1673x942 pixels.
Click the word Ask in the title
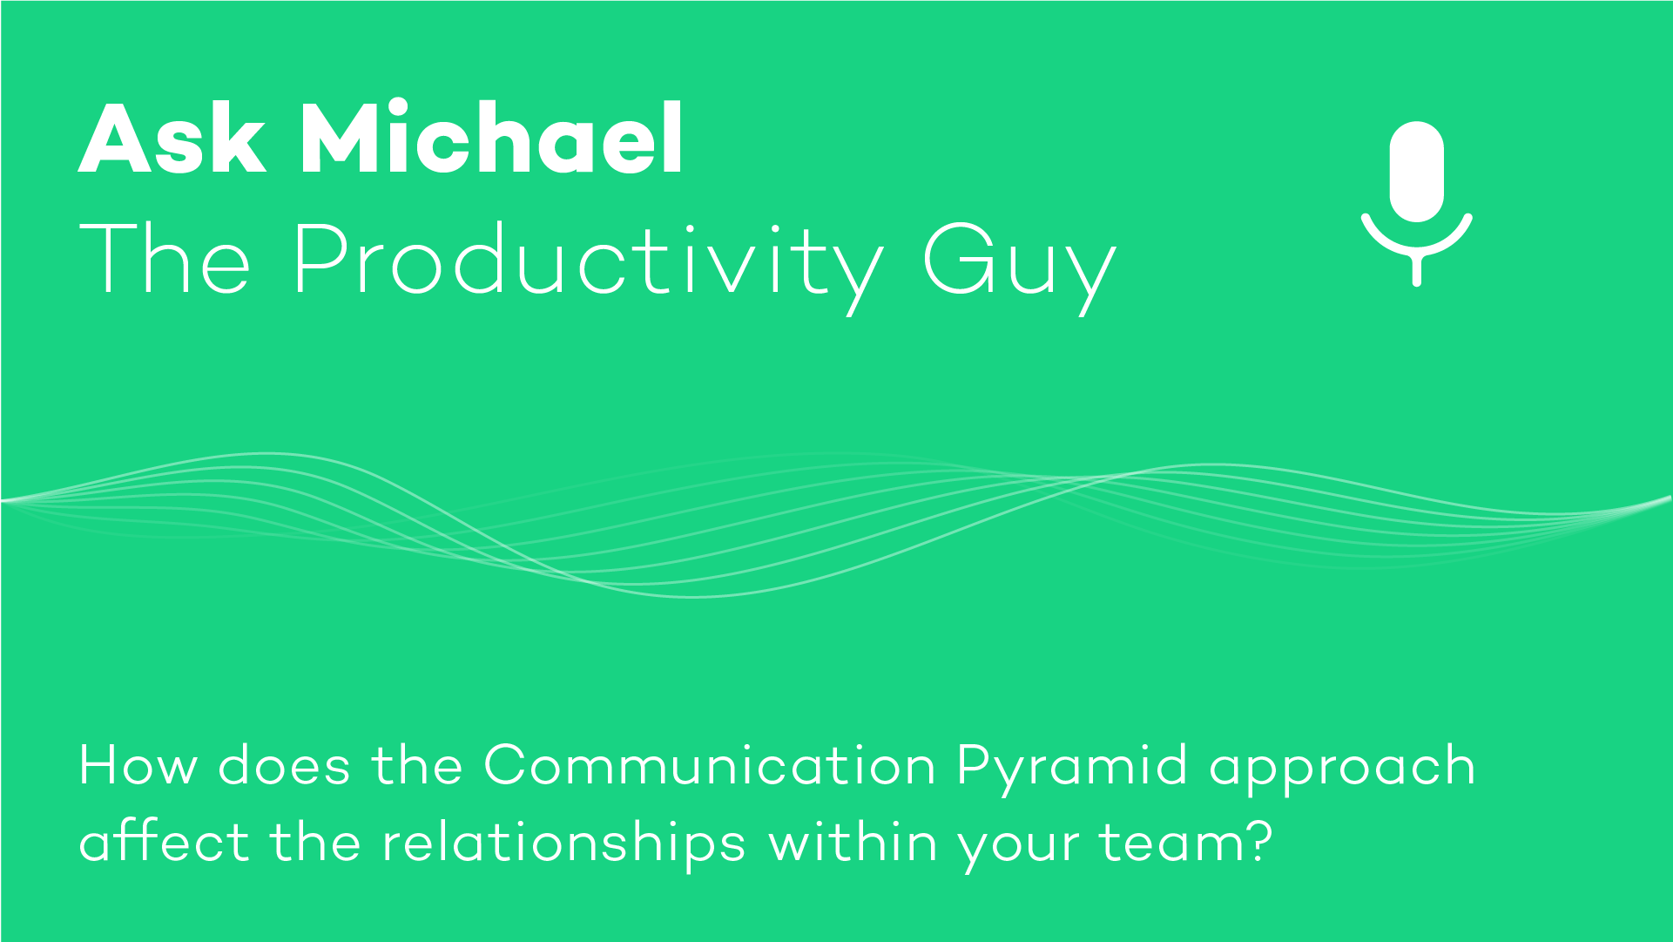pyautogui.click(x=172, y=138)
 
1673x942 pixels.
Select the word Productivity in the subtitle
pyautogui.click(x=588, y=261)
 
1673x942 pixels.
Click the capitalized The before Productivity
pyautogui.click(x=165, y=258)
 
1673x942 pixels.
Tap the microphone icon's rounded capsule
pyautogui.click(x=1417, y=172)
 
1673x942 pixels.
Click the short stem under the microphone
pyautogui.click(x=1417, y=270)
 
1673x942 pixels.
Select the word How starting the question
pyautogui.click(x=138, y=766)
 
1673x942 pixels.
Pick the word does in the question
pyautogui.click(x=284, y=766)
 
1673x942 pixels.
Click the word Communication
pyautogui.click(x=710, y=765)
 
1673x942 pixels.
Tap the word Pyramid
pyautogui.click(x=1072, y=770)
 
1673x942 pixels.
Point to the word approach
pyautogui.click(x=1342, y=770)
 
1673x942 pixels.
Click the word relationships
pyautogui.click(x=564, y=846)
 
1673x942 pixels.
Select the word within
pyautogui.click(x=853, y=842)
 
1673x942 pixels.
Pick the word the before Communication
pyautogui.click(x=417, y=765)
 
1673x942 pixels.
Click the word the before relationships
pyautogui.click(x=315, y=842)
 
